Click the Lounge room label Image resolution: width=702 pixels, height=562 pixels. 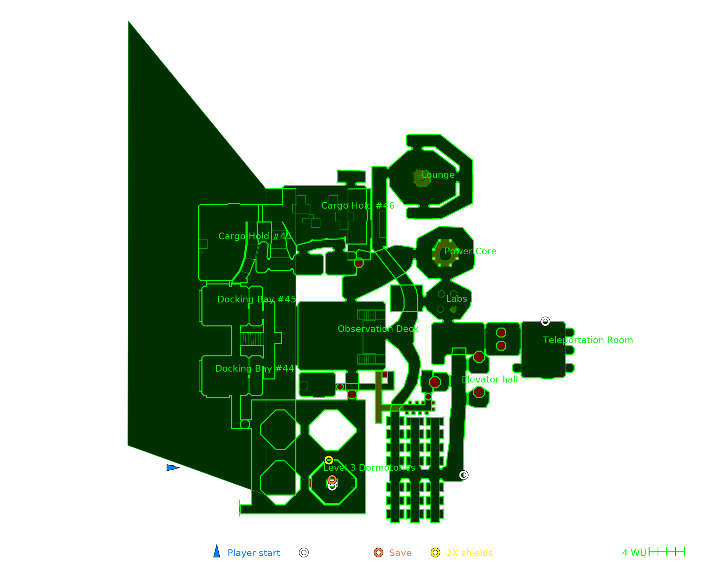click(438, 175)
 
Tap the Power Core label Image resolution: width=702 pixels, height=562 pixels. click(470, 251)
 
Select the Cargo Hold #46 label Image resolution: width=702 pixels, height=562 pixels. click(358, 206)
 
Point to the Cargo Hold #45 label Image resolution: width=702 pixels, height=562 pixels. click(255, 236)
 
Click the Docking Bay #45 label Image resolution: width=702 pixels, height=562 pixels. click(257, 299)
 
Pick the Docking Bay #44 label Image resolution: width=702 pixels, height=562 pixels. click(254, 368)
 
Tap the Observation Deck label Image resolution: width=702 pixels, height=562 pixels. click(378, 329)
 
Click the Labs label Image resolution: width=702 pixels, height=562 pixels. click(457, 299)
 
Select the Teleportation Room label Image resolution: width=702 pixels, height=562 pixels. click(588, 340)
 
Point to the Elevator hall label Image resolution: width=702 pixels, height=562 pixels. click(490, 380)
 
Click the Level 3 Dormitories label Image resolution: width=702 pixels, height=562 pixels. click(369, 468)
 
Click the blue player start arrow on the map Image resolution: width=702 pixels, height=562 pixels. click(172, 468)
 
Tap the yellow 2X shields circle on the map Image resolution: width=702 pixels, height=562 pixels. click(329, 460)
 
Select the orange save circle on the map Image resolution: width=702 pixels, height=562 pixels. click(332, 479)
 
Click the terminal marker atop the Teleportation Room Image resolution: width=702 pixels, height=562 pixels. click(545, 321)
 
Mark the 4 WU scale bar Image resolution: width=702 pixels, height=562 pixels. click(667, 552)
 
